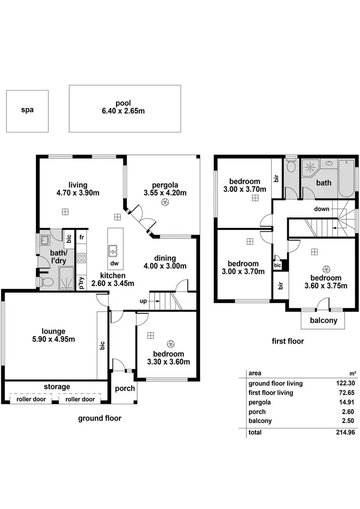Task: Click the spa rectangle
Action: (27, 111)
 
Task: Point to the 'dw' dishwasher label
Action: (114, 263)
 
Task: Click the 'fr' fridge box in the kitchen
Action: (82, 237)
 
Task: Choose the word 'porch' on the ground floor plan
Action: (125, 388)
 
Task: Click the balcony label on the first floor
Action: (323, 320)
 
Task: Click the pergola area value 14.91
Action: (346, 402)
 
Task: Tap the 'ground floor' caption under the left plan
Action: (100, 418)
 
